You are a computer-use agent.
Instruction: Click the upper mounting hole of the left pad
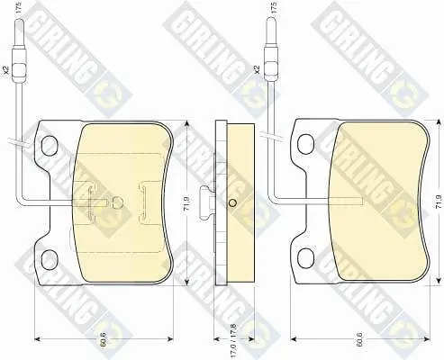[x=50, y=146]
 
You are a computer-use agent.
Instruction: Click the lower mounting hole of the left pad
[x=50, y=260]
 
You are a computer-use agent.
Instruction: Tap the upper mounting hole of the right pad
[x=305, y=143]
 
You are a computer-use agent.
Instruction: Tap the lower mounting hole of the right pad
[x=305, y=258]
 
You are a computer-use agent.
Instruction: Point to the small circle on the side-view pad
[x=232, y=203]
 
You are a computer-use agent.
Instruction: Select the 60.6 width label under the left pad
[x=104, y=342]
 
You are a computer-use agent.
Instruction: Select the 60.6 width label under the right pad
[x=360, y=342]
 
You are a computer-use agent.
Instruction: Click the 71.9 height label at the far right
[x=439, y=202]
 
